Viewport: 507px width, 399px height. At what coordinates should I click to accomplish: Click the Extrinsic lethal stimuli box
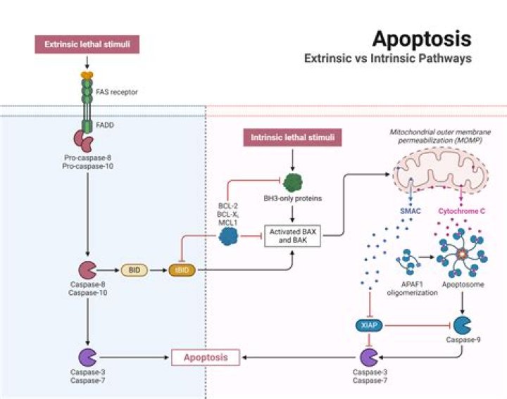[x=87, y=44]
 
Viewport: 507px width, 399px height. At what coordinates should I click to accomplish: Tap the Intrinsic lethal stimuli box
[x=293, y=137]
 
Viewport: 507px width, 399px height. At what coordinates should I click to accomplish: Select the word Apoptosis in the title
[x=422, y=39]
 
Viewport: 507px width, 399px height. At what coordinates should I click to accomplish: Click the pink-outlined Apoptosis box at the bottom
[x=206, y=357]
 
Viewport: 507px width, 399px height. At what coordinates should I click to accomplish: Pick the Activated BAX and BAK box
[x=293, y=236]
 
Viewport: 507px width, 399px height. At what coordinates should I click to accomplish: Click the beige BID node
[x=134, y=270]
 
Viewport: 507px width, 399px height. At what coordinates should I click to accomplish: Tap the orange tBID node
[x=182, y=270]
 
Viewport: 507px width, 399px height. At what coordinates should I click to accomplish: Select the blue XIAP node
[x=369, y=325]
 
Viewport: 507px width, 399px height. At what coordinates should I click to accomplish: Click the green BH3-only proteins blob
[x=293, y=183]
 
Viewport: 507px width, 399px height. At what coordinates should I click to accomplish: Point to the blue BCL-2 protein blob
[x=228, y=236]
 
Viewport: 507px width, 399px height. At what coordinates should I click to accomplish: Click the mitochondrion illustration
[x=441, y=171]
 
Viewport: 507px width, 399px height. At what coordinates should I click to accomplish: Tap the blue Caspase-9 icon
[x=462, y=325]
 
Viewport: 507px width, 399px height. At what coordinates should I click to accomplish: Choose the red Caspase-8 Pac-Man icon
[x=87, y=270]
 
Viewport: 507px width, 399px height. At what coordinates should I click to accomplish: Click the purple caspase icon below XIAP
[x=369, y=357]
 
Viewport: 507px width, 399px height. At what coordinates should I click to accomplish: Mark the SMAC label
[x=411, y=211]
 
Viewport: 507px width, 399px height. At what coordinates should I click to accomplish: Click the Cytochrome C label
[x=461, y=211]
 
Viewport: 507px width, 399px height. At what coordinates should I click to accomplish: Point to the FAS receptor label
[x=117, y=92]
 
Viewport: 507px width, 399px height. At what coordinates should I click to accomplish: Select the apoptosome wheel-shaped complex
[x=462, y=254]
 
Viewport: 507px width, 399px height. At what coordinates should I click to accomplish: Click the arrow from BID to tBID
[x=158, y=270]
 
